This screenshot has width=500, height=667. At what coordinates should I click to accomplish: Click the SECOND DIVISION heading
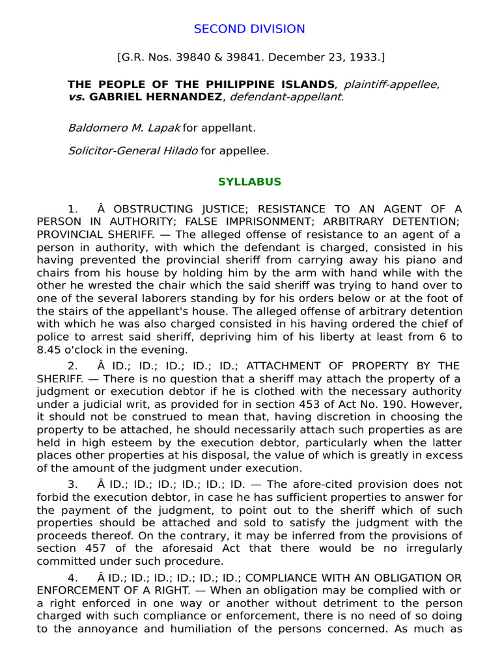tap(250, 29)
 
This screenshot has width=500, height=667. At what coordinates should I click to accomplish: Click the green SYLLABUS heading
tap(250, 182)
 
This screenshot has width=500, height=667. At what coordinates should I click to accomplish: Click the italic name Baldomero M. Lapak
tap(124, 128)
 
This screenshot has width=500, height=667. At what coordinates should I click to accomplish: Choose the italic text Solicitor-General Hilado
tap(133, 150)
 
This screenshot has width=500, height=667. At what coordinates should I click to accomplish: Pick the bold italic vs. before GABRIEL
tap(76, 97)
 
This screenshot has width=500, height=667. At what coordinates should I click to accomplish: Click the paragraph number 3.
tap(73, 485)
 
